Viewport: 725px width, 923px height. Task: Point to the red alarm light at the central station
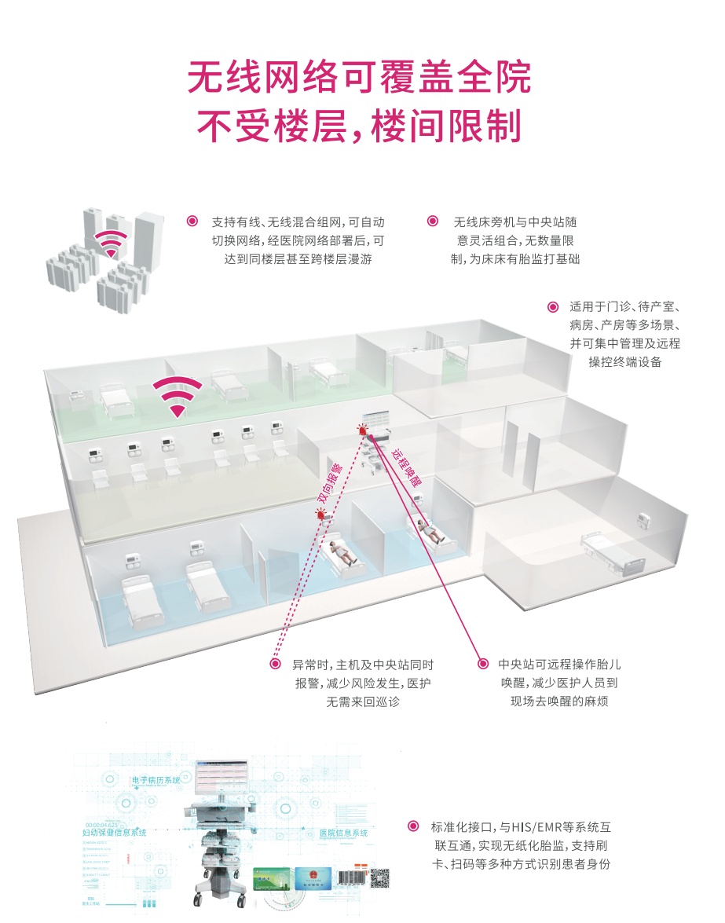tap(362, 430)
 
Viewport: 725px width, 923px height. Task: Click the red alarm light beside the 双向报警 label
tap(320, 515)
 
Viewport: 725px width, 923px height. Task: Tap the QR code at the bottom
tap(380, 878)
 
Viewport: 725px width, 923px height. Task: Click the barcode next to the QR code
tap(351, 878)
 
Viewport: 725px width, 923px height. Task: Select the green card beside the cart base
tap(271, 878)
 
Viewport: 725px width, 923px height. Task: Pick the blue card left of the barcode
tap(313, 878)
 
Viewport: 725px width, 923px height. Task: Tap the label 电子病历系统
tap(156, 780)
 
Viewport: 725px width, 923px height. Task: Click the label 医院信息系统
tap(343, 833)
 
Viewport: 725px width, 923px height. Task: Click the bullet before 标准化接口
tap(413, 826)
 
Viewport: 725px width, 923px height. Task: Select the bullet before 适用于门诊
tap(552, 306)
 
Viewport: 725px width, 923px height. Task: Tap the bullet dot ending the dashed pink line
tap(275, 664)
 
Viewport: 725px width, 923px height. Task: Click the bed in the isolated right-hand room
tap(610, 551)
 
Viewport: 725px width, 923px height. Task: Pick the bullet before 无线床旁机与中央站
tap(432, 222)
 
